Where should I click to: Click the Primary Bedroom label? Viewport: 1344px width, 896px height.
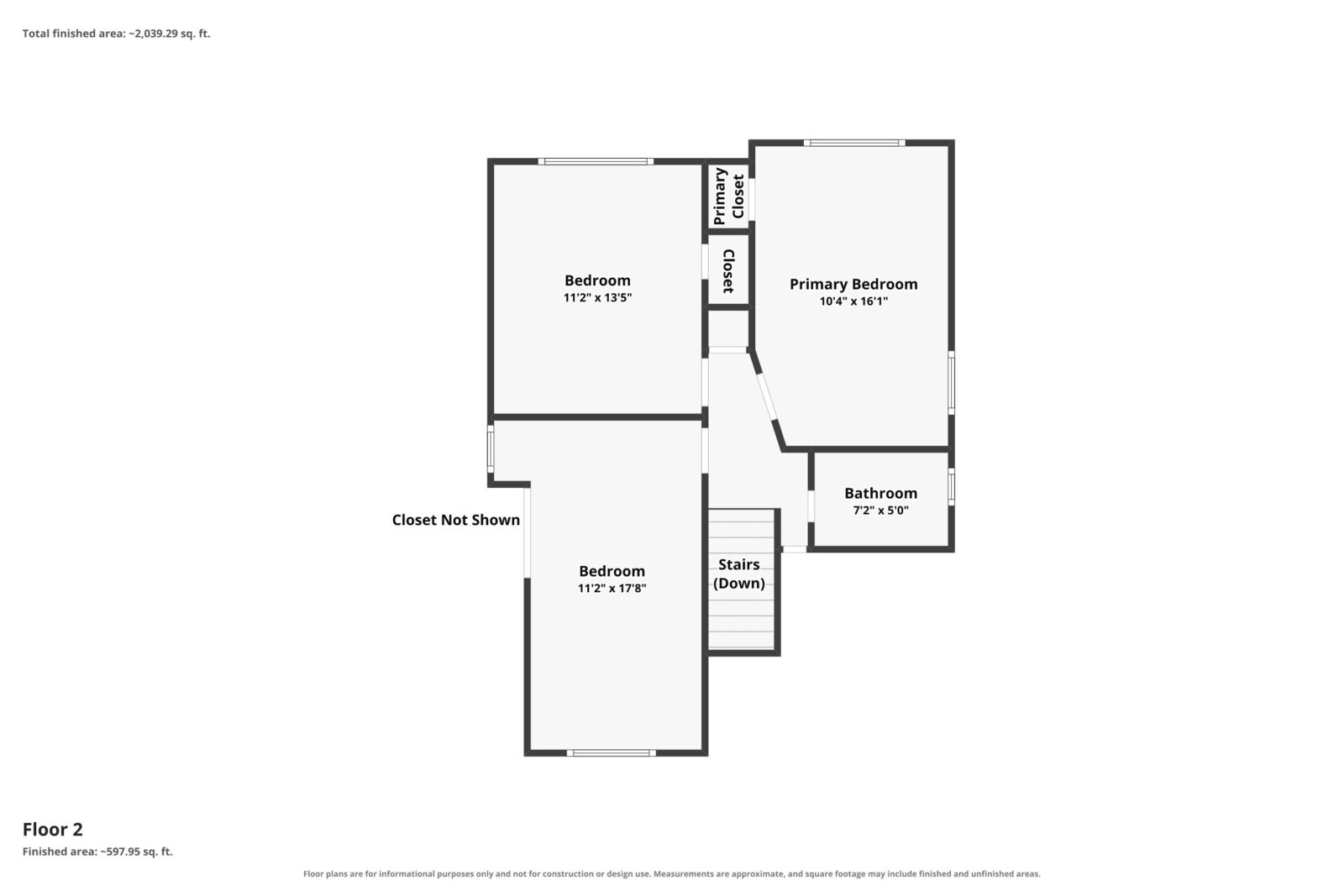853,285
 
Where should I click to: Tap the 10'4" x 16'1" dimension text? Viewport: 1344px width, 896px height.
853,301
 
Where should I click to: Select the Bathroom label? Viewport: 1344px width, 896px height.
881,493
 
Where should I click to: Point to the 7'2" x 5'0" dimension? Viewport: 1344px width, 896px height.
881,511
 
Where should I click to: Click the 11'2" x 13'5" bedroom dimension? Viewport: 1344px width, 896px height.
597,297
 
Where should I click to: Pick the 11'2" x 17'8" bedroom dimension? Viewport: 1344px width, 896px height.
612,589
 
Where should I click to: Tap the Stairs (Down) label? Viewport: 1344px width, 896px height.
739,574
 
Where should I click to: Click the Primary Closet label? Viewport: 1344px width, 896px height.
729,196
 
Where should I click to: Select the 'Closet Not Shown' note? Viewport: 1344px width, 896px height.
456,520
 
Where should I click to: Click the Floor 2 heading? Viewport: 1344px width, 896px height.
53,830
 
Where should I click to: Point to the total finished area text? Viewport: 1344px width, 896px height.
117,34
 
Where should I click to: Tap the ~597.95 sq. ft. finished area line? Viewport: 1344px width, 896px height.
97,851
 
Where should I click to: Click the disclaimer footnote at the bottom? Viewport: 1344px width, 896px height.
671,874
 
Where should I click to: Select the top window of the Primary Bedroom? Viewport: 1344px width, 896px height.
854,143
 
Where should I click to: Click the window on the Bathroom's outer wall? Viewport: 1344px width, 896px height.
951,486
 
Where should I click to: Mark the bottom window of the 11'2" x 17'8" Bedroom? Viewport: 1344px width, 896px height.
612,752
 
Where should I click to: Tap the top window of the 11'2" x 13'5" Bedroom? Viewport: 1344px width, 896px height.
596,161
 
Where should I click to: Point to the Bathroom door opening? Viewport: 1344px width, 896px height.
811,506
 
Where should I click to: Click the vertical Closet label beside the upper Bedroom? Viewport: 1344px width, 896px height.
728,271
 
